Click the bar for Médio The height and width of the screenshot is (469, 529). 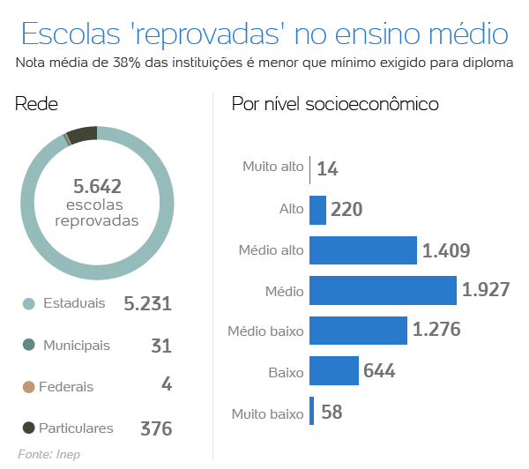(382, 290)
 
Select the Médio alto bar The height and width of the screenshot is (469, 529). (362, 250)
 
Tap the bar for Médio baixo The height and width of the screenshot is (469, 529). (357, 331)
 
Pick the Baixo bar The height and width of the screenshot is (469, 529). (333, 370)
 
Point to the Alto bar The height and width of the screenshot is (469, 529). (317, 210)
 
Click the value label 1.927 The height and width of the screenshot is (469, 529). (486, 290)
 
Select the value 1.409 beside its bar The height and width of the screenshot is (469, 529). (446, 250)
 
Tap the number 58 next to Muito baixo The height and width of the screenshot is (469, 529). (332, 412)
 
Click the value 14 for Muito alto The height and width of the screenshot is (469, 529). (328, 168)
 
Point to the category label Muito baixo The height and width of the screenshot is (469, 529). (267, 413)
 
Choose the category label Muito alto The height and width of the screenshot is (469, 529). (272, 167)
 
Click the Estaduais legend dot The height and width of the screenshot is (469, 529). (28, 304)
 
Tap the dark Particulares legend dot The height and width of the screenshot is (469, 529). (28, 428)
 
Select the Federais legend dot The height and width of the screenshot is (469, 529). (28, 386)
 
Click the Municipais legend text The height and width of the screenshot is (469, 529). (77, 345)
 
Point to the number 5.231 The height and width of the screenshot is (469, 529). (147, 304)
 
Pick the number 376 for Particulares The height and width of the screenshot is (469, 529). (156, 429)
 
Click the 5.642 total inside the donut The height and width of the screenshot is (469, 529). (97, 186)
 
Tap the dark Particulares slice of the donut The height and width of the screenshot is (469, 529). (82, 134)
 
